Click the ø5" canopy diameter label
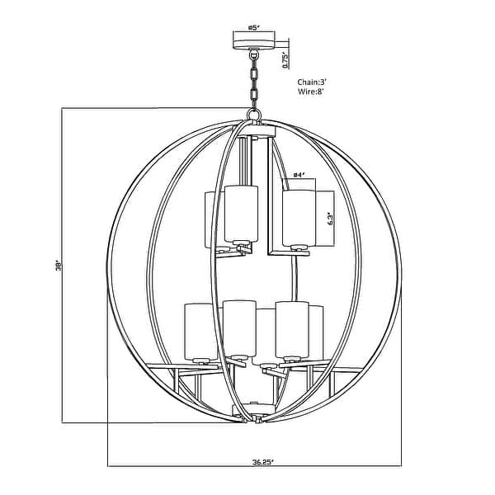[254, 27]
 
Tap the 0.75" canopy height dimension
[285, 60]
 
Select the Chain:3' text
[312, 82]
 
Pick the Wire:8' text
[311, 92]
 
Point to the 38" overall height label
[58, 266]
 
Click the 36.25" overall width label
[262, 462]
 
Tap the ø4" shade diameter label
[299, 175]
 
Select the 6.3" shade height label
[330, 219]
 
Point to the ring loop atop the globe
[253, 114]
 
